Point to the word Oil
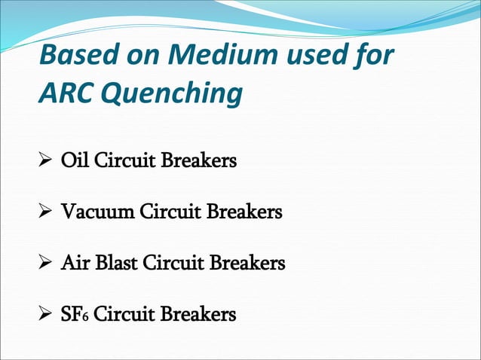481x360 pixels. (74, 161)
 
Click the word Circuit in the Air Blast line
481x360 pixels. (173, 263)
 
